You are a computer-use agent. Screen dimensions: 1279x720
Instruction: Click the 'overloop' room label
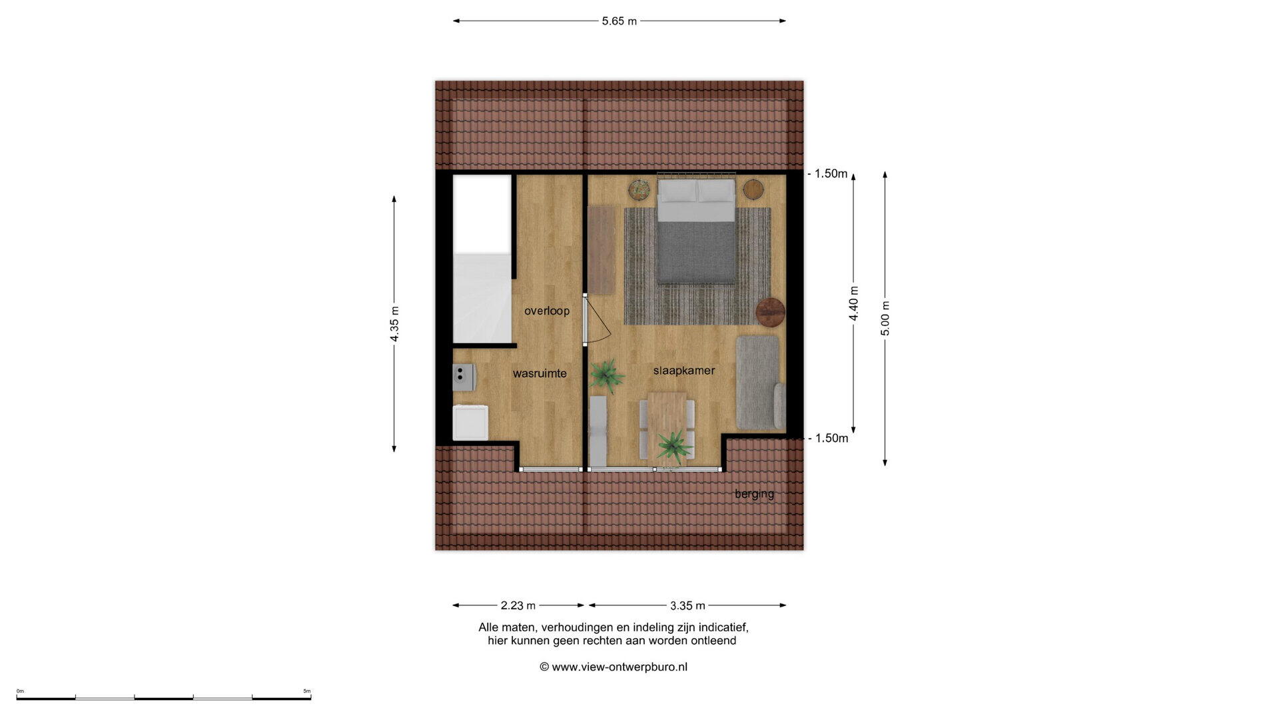(546, 311)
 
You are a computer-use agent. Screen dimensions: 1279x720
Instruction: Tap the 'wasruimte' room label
(540, 373)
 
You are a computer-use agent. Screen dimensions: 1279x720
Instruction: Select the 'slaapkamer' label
(684, 371)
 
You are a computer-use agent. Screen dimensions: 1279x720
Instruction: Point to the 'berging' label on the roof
(754, 494)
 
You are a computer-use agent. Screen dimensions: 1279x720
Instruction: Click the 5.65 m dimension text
(620, 21)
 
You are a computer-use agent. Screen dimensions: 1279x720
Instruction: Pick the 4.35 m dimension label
(394, 324)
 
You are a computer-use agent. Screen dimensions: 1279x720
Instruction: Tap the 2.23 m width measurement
(518, 605)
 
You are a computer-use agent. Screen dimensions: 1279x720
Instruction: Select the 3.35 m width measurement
(687, 605)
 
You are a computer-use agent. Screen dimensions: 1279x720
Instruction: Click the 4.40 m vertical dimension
(853, 303)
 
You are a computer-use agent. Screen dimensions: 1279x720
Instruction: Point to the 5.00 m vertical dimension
(885, 319)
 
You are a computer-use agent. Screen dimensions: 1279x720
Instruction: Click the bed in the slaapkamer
(697, 230)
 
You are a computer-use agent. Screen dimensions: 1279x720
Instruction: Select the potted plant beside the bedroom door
(606, 375)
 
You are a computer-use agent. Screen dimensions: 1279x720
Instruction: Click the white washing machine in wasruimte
(470, 423)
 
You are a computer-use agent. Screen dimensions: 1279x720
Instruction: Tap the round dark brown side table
(771, 312)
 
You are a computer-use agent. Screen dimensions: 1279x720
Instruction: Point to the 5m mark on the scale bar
(307, 691)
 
